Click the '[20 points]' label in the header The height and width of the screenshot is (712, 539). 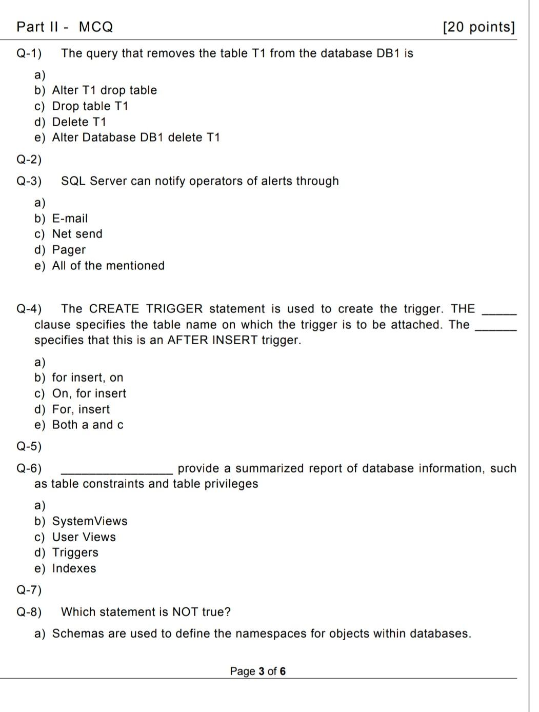pyautogui.click(x=478, y=27)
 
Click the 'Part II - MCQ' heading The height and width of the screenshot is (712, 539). pyautogui.click(x=65, y=27)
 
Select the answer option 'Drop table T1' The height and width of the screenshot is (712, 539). pyautogui.click(x=90, y=106)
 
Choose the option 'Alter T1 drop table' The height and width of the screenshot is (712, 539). pyautogui.click(x=104, y=90)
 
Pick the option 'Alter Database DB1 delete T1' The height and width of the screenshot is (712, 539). pyautogui.click(x=135, y=137)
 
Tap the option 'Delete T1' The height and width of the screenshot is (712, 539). pyautogui.click(x=78, y=122)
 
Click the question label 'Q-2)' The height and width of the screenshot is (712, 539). pyautogui.click(x=29, y=160)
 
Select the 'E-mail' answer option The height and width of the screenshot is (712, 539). pyautogui.click(x=70, y=219)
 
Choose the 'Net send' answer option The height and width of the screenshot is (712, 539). pyautogui.click(x=77, y=234)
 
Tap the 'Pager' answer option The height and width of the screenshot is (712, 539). pyautogui.click(x=69, y=250)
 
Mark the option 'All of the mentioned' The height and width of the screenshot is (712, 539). pyautogui.click(x=108, y=266)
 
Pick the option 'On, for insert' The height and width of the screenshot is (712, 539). pyautogui.click(x=89, y=393)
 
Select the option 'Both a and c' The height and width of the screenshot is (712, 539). pyautogui.click(x=88, y=425)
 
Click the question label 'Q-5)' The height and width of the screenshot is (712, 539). pyautogui.click(x=29, y=446)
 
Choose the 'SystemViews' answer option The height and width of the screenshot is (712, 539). pyautogui.click(x=89, y=521)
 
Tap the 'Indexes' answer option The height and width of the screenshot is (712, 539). pyautogui.click(x=74, y=568)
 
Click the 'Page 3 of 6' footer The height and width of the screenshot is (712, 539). pyautogui.click(x=258, y=671)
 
